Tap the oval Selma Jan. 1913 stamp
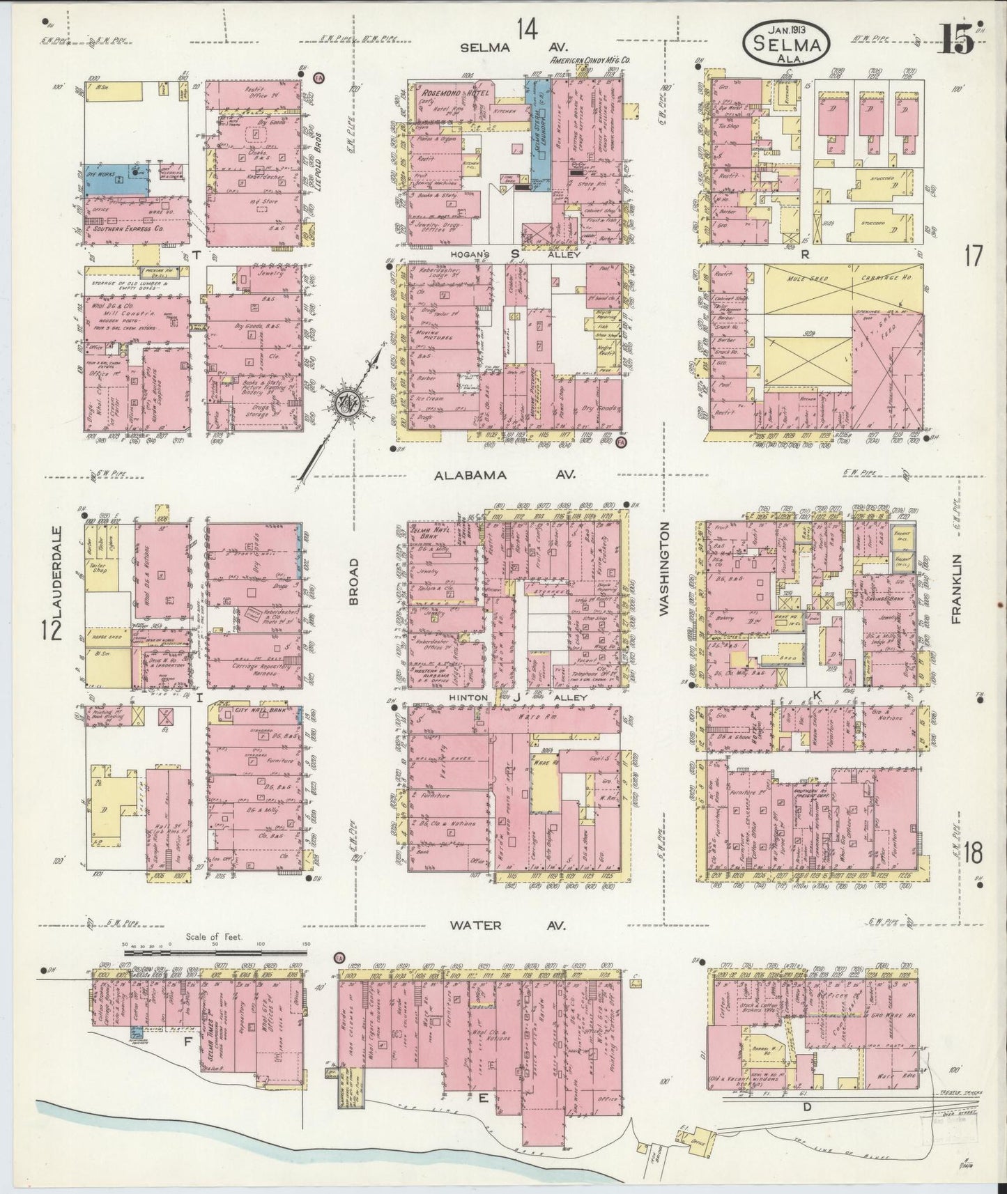pos(785,42)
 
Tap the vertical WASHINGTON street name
pos(663,569)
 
